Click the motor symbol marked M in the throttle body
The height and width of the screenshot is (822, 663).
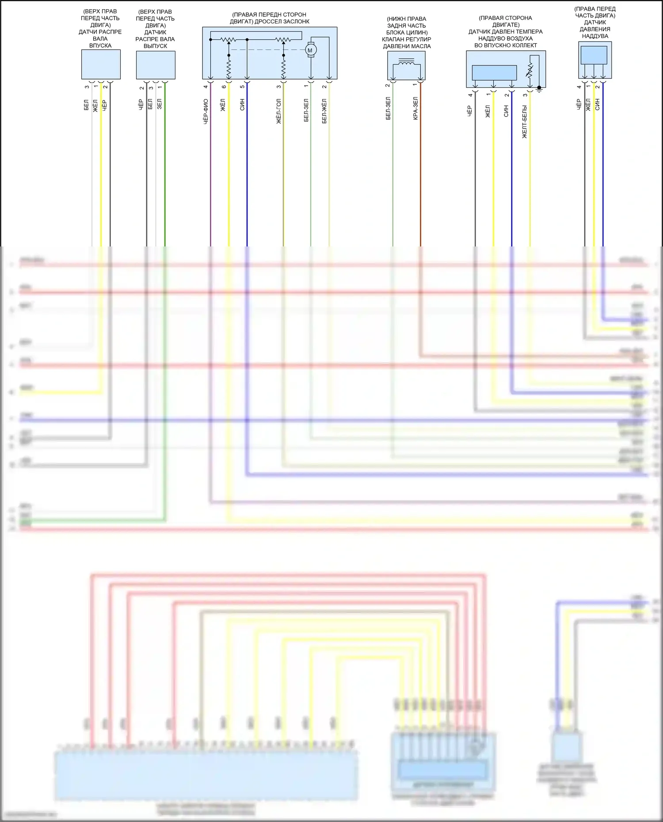coord(310,50)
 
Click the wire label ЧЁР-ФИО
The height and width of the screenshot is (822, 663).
coord(206,111)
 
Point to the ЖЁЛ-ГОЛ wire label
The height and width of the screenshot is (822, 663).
coord(279,111)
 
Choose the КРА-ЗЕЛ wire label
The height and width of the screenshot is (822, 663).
coord(415,109)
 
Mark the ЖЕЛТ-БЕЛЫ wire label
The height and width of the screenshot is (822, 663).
coord(525,122)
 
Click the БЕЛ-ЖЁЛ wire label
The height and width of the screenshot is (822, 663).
coord(324,111)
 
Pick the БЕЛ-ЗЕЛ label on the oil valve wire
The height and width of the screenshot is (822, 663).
coord(388,109)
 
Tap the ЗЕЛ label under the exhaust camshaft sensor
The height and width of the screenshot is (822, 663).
coord(160,104)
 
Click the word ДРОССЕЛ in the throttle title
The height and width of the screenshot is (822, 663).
coord(269,22)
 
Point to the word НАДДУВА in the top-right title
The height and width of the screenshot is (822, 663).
coord(595,36)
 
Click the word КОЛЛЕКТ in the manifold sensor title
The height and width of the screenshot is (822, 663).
coord(522,45)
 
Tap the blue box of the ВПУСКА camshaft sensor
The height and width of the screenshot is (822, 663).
coord(101,64)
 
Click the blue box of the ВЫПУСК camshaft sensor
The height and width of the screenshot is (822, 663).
coord(156,65)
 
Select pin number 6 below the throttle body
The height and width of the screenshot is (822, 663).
coord(224,87)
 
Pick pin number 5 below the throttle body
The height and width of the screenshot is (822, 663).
coord(242,87)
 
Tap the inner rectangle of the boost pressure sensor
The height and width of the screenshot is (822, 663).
coord(594,55)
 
